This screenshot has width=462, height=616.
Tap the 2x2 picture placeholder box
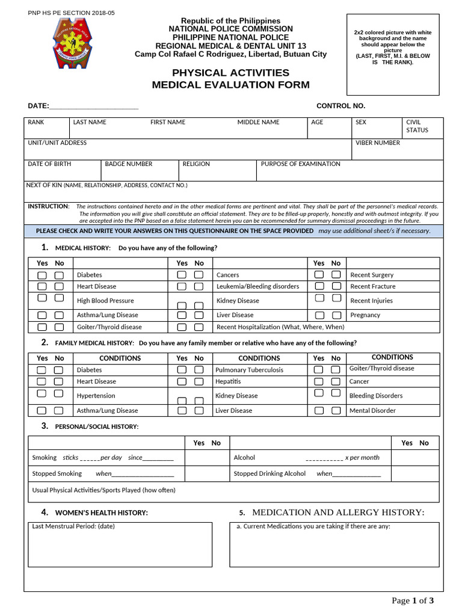[393, 55]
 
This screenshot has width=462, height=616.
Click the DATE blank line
[94, 106]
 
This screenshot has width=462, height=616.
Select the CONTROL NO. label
[340, 106]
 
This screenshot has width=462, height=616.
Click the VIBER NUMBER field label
[378, 143]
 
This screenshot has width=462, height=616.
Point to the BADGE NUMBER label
[129, 164]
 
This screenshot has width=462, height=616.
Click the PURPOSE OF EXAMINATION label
[300, 164]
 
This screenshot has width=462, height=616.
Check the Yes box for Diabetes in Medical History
[42, 275]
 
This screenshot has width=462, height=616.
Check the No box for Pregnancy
[336, 315]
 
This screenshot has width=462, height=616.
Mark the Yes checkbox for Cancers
[182, 275]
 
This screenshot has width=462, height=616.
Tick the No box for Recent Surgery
[336, 275]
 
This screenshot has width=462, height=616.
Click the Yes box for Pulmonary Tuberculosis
[182, 370]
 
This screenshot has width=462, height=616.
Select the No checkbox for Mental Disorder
[336, 411]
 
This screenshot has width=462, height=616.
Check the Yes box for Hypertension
[42, 393]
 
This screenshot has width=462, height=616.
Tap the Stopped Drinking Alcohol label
[269, 473]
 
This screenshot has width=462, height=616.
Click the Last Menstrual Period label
[73, 526]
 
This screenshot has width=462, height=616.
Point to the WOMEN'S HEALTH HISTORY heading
[101, 513]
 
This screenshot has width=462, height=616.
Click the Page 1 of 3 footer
[412, 600]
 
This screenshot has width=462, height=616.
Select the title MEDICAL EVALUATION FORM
[230, 85]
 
